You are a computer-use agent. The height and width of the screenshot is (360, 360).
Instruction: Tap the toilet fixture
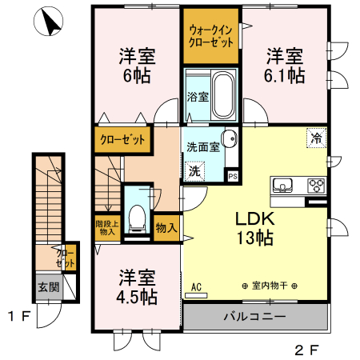click(x=138, y=214)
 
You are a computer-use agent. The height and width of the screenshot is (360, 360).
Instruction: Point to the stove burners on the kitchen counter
click(x=314, y=186)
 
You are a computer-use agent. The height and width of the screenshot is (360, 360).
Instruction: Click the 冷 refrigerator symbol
click(x=316, y=138)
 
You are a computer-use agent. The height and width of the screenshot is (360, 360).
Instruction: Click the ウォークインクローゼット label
click(x=210, y=36)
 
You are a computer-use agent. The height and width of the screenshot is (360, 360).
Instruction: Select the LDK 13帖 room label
click(x=254, y=227)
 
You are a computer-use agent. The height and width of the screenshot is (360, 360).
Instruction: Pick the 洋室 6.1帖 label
click(x=285, y=66)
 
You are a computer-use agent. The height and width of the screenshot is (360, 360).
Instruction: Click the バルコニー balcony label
click(x=257, y=317)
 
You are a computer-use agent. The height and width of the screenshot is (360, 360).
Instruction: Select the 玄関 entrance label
click(x=47, y=286)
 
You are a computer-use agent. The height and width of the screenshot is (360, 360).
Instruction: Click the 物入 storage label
click(x=166, y=228)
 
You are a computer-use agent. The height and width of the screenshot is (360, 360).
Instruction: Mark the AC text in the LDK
click(x=196, y=286)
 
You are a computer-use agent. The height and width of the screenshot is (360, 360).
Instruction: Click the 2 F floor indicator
click(x=306, y=350)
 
